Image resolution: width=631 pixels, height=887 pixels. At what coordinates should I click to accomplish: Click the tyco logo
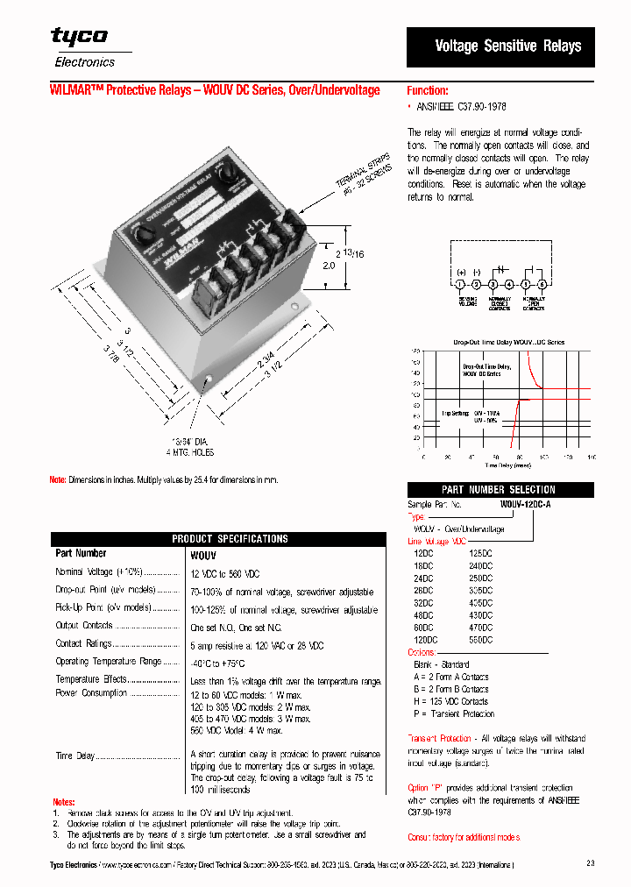click(x=79, y=36)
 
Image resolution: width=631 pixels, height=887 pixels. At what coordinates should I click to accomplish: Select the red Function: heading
click(x=428, y=90)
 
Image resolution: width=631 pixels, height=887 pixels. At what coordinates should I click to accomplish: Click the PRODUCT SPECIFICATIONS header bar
click(x=217, y=538)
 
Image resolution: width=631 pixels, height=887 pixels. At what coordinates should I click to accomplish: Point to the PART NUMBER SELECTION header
click(x=499, y=490)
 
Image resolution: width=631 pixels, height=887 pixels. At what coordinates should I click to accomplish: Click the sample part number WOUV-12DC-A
click(x=526, y=506)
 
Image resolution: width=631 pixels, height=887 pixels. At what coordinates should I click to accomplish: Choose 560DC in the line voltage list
click(x=481, y=640)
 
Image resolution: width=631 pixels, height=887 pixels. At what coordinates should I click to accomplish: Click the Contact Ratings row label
click(x=83, y=643)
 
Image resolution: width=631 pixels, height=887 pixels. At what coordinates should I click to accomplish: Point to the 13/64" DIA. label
click(x=191, y=442)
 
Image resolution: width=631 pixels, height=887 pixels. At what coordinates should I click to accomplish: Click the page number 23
click(x=590, y=863)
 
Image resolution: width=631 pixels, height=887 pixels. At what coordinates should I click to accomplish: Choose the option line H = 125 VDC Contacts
click(x=450, y=701)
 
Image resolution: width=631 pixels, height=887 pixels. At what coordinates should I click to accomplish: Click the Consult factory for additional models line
click(x=464, y=837)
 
